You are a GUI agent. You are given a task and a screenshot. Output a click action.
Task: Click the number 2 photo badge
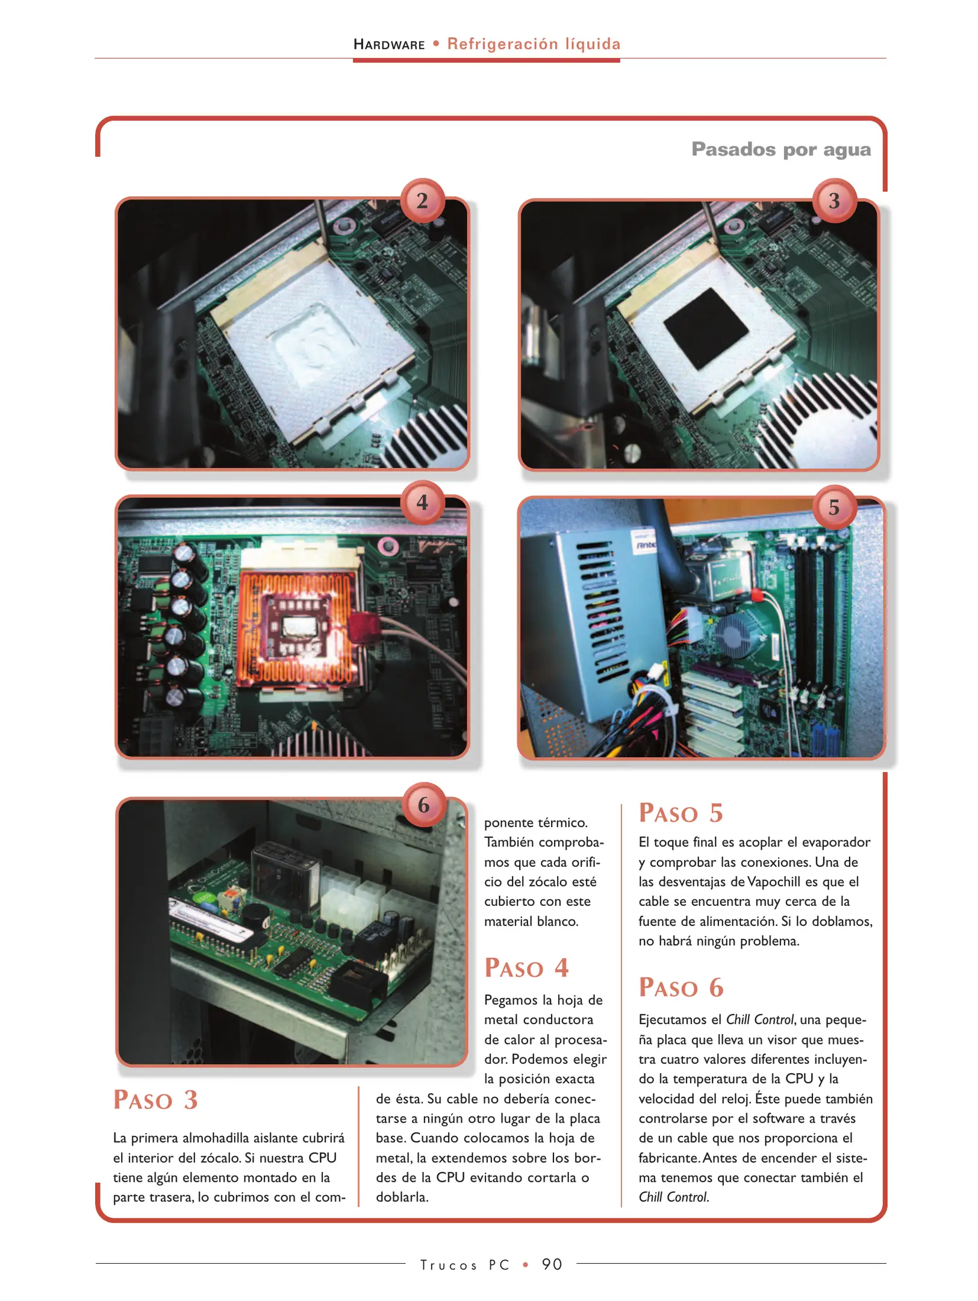pyautogui.click(x=422, y=201)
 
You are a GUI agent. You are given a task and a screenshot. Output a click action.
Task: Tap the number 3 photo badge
pyautogui.click(x=834, y=201)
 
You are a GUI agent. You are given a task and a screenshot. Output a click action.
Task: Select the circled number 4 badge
pyautogui.click(x=422, y=502)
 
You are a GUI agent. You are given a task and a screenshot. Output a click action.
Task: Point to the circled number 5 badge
pyautogui.click(x=834, y=507)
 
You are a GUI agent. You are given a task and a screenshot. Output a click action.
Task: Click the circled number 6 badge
pyautogui.click(x=423, y=805)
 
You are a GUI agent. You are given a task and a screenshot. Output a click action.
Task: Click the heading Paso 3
pyautogui.click(x=155, y=1100)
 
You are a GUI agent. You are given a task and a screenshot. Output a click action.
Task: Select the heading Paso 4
pyautogui.click(x=526, y=969)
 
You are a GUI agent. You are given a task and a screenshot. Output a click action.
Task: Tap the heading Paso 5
pyautogui.click(x=681, y=813)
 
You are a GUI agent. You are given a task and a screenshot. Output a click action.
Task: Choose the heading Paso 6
pyautogui.click(x=681, y=988)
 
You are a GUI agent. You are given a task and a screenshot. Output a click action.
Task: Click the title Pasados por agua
pyautogui.click(x=780, y=149)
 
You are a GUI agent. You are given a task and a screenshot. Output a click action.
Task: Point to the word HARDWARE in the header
pyautogui.click(x=389, y=45)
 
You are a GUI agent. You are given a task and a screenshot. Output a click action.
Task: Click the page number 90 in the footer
pyautogui.click(x=552, y=1264)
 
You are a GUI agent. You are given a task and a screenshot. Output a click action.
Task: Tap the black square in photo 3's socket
pyautogui.click(x=705, y=328)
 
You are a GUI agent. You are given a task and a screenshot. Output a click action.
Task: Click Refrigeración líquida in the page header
pyautogui.click(x=534, y=44)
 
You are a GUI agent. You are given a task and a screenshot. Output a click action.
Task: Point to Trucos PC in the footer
pyautogui.click(x=464, y=1265)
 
